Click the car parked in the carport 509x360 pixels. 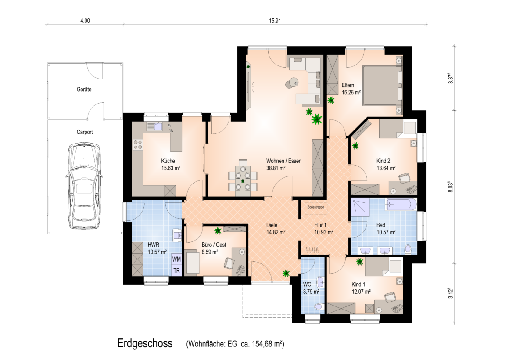84,186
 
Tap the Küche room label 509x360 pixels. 168,161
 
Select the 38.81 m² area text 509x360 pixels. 276,168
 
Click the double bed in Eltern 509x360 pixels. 382,86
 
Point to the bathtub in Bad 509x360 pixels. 401,205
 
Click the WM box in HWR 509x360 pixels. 176,259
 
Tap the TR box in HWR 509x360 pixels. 176,270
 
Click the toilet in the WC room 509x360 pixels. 319,306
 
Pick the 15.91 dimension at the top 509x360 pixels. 275,21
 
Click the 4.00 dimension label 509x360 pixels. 85,21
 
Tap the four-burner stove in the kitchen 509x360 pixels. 138,144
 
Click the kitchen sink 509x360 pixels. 154,126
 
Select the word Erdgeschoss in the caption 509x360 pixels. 145,343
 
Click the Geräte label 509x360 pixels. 84,90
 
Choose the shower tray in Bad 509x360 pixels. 360,207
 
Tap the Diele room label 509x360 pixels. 272,225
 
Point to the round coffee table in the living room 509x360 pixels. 291,83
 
